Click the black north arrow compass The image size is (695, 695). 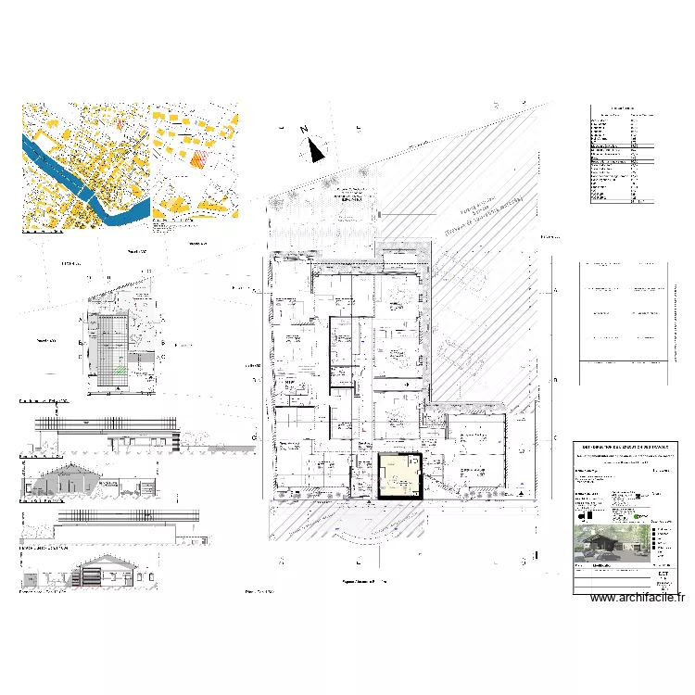(x=317, y=148)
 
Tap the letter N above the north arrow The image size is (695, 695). (x=303, y=131)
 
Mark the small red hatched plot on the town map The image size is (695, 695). (x=120, y=122)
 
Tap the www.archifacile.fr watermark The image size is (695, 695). (x=638, y=598)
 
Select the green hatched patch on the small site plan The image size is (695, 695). (x=120, y=371)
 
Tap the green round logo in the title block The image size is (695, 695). (x=641, y=511)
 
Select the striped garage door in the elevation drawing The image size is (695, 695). (x=92, y=576)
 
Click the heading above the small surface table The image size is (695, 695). (x=627, y=108)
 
